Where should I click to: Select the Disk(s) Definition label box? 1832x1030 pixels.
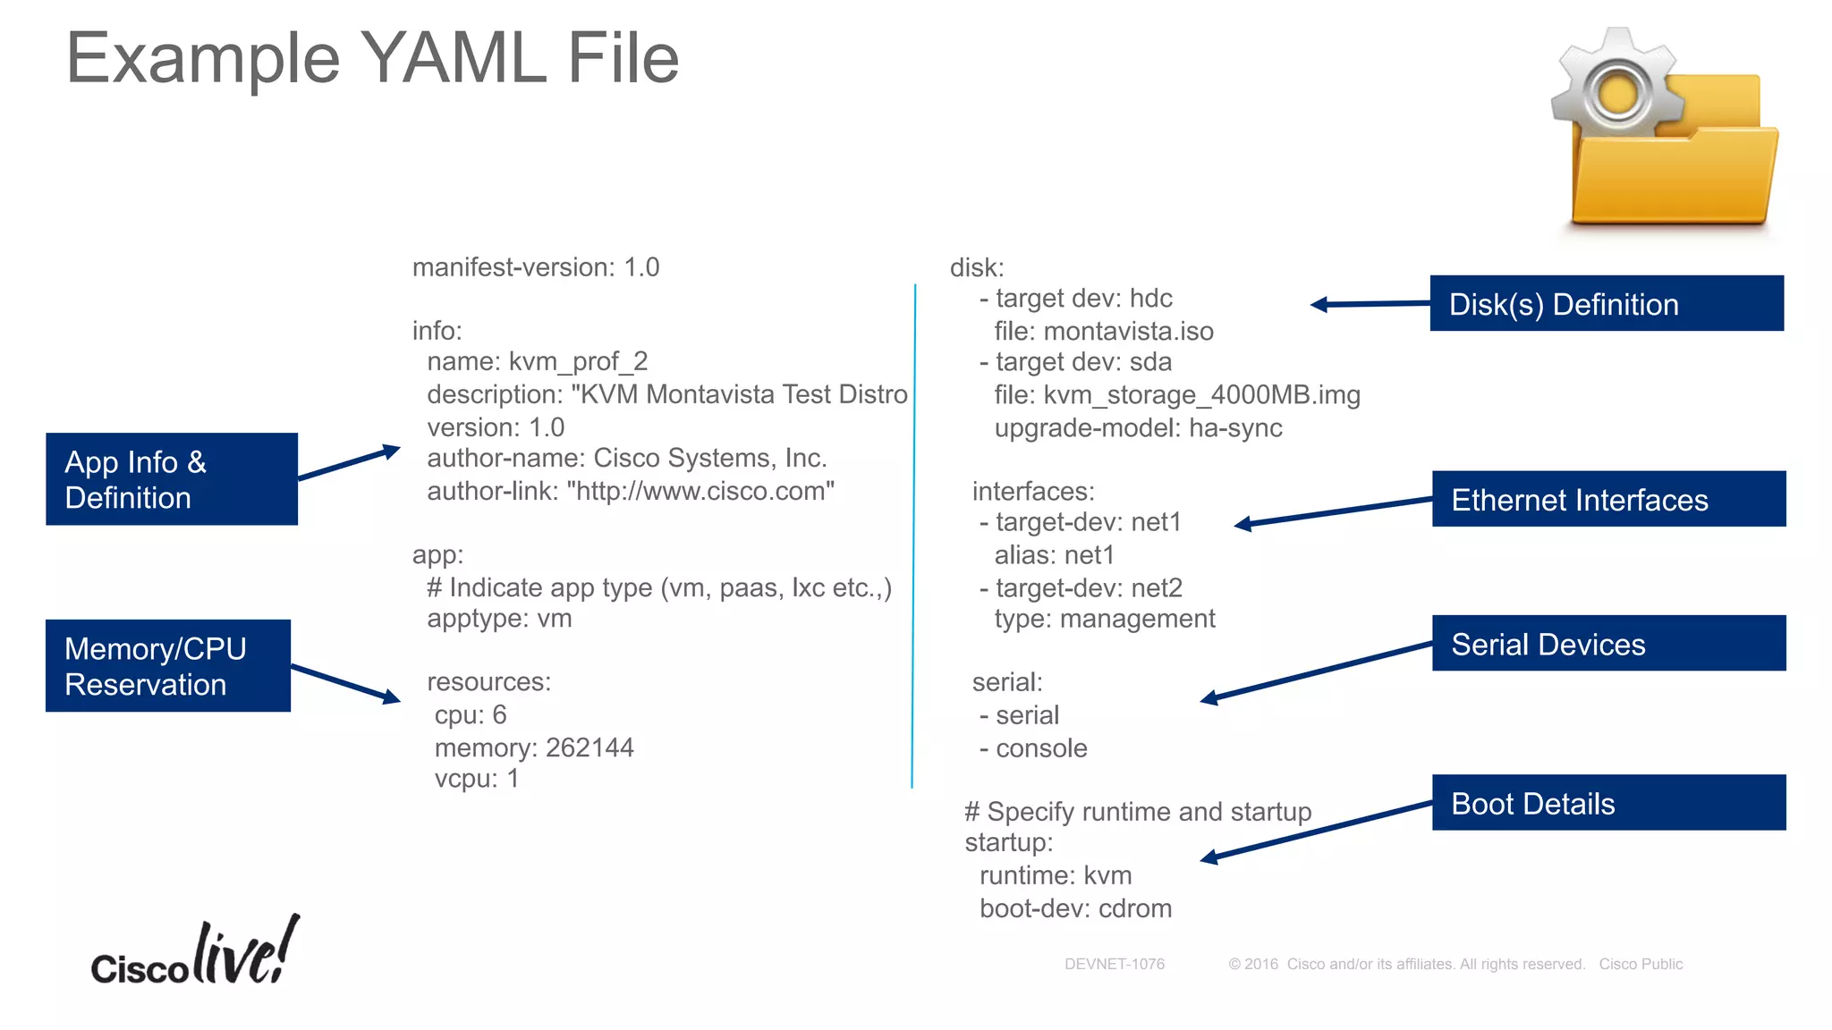[x=1607, y=304]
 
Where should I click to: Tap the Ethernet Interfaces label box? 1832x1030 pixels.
[x=1608, y=499]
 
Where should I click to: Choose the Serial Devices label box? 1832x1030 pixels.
[x=1608, y=644]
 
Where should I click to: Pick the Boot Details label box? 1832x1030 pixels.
[x=1608, y=803]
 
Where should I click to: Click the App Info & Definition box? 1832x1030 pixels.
[x=172, y=479]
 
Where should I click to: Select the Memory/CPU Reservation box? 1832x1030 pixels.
[x=168, y=666]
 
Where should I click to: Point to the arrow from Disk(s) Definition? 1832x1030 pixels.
[x=1369, y=304]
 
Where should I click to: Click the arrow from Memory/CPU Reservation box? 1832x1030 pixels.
[x=345, y=683]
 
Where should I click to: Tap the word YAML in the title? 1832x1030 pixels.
[x=454, y=59]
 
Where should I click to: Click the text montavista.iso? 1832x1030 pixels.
[x=1128, y=332]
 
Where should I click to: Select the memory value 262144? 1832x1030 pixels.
[x=589, y=747]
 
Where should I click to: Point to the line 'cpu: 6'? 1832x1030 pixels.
[x=471, y=715]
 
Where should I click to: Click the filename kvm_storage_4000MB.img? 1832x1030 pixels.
[x=1201, y=395]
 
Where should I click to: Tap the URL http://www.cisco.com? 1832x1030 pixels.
[x=700, y=491]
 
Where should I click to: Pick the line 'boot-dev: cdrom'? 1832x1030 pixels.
[x=1075, y=908]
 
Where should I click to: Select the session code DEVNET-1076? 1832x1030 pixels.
[x=1115, y=964]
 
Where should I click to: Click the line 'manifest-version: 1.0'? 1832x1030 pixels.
[x=535, y=267]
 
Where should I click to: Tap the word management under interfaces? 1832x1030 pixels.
[x=1137, y=619]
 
